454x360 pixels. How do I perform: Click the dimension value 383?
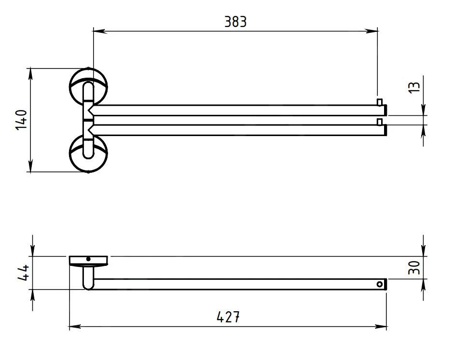[x=235, y=22]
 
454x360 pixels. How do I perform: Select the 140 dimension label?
[x=21, y=120]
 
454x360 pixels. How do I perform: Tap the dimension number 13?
[x=414, y=87]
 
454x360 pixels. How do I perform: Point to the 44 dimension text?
[x=23, y=273]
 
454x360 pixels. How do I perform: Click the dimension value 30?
[x=414, y=268]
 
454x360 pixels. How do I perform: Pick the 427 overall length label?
[x=228, y=317]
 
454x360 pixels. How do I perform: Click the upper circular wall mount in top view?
[x=88, y=86]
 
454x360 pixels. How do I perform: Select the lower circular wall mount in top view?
[x=88, y=153]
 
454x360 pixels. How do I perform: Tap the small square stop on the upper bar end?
[x=380, y=102]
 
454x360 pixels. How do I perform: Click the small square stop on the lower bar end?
[x=380, y=122]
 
